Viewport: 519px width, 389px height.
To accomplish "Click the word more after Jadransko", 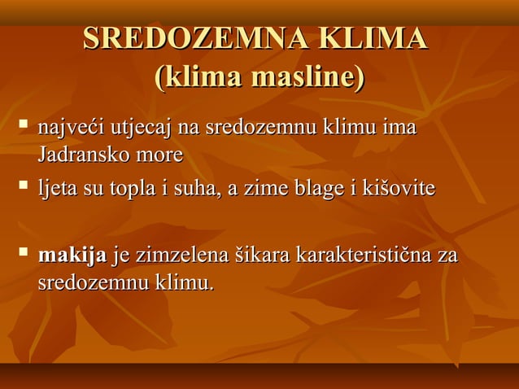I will [159, 154].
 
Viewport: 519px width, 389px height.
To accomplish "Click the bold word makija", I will [72, 257].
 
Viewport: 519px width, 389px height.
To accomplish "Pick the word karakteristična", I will [364, 257].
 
